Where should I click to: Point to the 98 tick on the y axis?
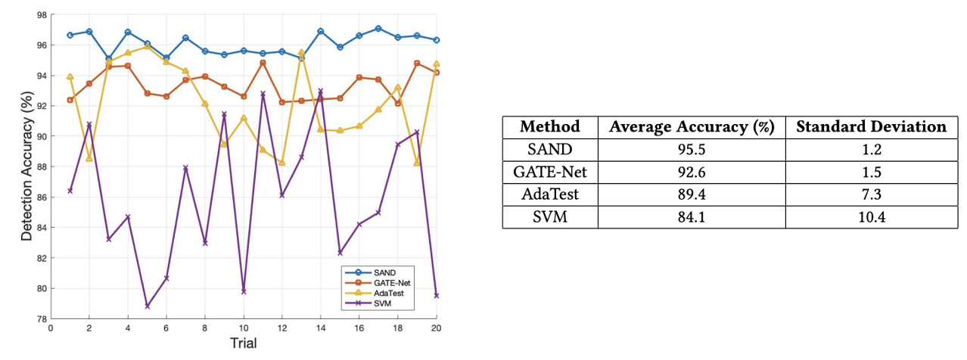click(41, 15)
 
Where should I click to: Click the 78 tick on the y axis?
click(41, 319)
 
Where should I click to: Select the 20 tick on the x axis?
click(437, 328)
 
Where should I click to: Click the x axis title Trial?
click(244, 344)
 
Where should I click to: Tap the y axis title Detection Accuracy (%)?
click(27, 166)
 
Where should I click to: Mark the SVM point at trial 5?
click(148, 306)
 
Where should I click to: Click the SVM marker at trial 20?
click(437, 296)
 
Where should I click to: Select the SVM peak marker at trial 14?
click(321, 92)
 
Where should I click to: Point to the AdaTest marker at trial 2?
click(89, 158)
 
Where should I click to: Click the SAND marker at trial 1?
click(70, 36)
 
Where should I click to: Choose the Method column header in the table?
click(549, 127)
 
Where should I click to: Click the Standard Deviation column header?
click(871, 127)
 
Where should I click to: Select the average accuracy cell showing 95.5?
click(692, 150)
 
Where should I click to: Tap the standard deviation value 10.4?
click(871, 217)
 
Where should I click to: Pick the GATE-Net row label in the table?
click(549, 172)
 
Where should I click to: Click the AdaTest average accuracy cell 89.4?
click(692, 194)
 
